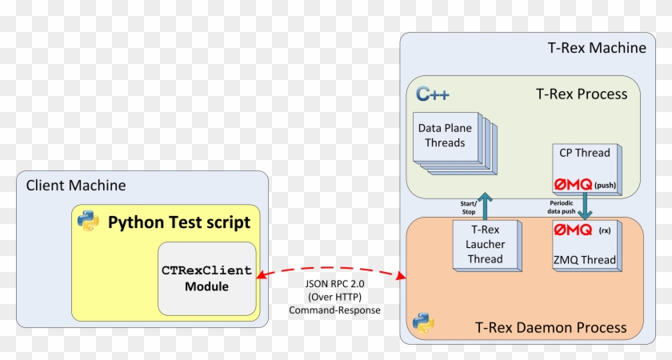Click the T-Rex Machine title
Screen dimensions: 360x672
tap(596, 48)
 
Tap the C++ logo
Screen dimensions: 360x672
tap(433, 94)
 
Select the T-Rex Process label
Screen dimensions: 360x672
tap(581, 94)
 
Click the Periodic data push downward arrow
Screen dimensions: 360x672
tap(586, 206)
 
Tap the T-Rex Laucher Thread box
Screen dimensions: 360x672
tap(485, 244)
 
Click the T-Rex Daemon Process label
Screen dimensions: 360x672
tap(551, 327)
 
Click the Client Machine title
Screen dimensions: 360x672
tap(76, 186)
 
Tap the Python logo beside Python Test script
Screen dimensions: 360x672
tap(88, 221)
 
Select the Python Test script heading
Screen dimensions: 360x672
tap(179, 222)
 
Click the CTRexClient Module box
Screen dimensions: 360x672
tap(206, 278)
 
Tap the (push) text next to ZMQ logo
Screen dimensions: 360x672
tap(606, 186)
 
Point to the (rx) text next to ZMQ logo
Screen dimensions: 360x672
tap(605, 231)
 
